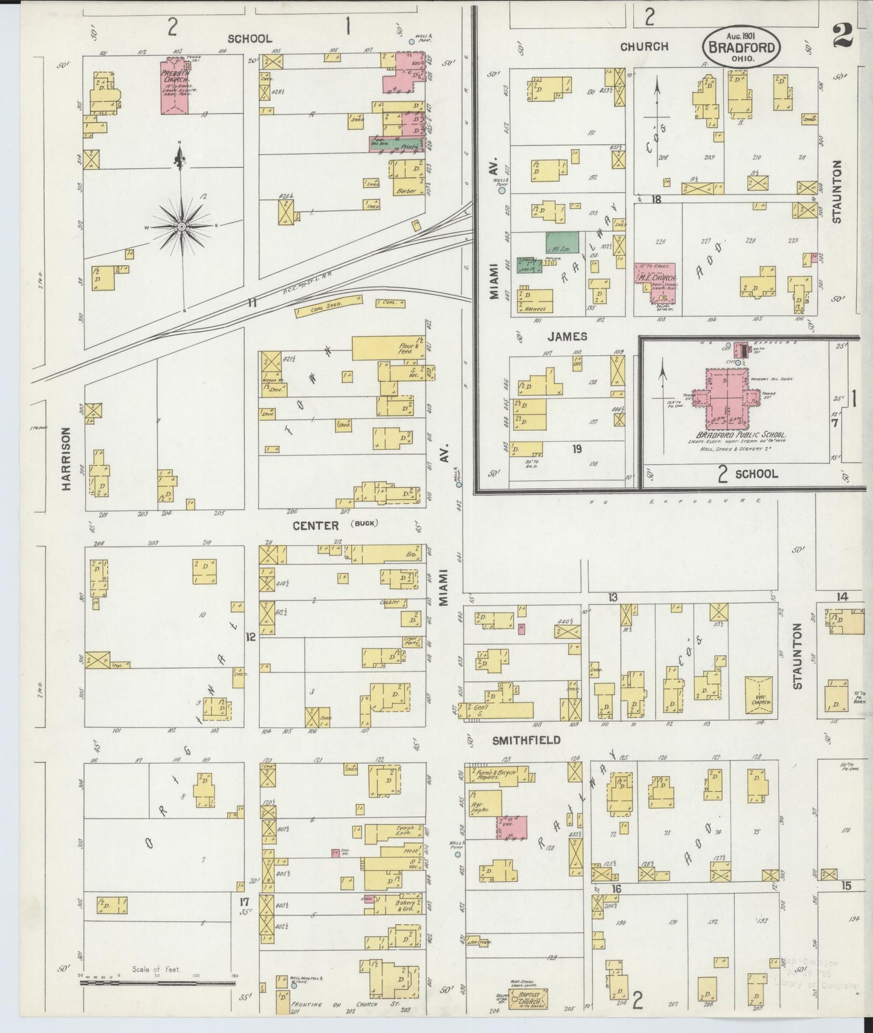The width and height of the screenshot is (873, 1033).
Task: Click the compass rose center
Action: pos(181,226)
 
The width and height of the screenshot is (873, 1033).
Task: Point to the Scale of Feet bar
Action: pos(157,983)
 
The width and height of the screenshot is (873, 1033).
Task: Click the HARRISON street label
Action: pos(66,451)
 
